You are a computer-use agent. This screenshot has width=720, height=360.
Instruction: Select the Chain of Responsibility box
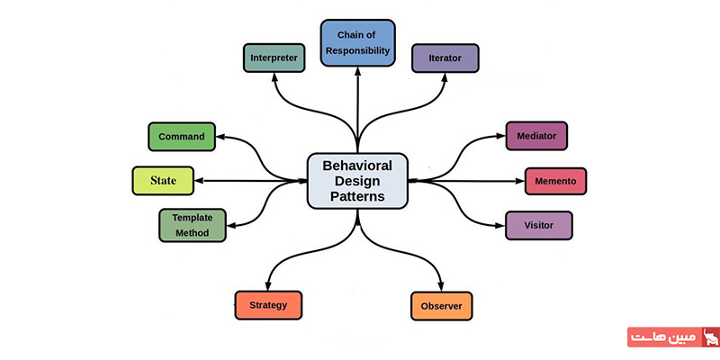pos(357,43)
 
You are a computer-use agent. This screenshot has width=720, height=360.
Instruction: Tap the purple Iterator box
pos(445,58)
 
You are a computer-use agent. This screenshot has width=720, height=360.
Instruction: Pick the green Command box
pos(181,137)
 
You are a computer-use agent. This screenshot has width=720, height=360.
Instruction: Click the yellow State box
pos(163,180)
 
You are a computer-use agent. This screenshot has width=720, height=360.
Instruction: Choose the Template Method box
pos(191,225)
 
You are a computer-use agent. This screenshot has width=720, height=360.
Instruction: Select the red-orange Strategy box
pos(268,305)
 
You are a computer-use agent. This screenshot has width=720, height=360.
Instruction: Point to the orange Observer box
pos(441,306)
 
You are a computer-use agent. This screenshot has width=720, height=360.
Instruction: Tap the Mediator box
pos(536,136)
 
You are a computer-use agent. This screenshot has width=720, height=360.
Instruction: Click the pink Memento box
pos(556,181)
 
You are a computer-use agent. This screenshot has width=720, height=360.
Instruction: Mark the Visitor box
pos(537,225)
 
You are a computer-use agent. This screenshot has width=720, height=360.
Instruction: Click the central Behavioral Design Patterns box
pos(357,180)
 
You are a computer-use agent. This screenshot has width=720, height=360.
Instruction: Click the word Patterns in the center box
pos(357,196)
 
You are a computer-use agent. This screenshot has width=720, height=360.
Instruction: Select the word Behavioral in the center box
pos(357,165)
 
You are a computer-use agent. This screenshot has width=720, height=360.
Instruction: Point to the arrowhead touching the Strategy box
pos(268,285)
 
